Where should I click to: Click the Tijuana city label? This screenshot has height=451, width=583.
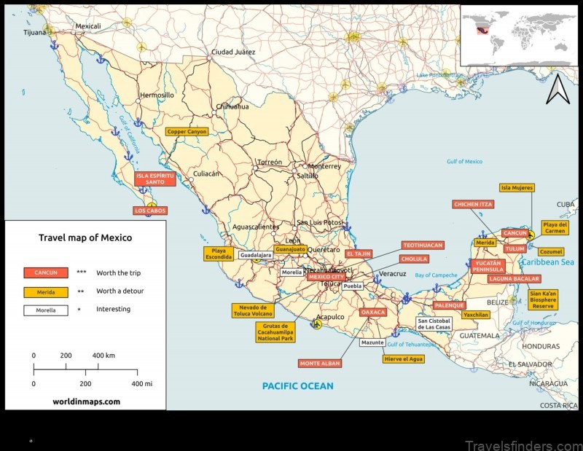pos(34,32)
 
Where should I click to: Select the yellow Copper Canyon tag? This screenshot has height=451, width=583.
pos(187,132)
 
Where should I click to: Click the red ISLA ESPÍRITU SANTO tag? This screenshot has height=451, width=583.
pos(155,179)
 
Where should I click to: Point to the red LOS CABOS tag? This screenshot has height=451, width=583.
pos(150,211)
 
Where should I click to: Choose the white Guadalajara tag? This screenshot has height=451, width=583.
pos(256,256)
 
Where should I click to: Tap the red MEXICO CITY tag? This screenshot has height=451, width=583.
pos(325,277)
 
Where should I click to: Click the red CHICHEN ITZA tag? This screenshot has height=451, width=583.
pos(474,205)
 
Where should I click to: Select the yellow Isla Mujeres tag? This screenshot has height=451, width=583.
pos(517,187)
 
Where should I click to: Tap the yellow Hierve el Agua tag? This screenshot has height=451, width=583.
pos(403,358)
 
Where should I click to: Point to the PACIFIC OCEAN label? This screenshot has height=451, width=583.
pos(297,386)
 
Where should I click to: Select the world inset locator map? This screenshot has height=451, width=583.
pos(520,36)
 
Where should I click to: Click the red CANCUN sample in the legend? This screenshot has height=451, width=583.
pos(45,272)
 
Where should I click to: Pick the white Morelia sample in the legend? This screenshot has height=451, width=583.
pos(45,309)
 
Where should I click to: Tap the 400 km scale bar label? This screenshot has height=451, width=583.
pos(104,356)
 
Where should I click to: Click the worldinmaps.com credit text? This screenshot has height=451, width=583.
pos(86,401)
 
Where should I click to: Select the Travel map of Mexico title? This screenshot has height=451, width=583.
pos(85,238)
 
